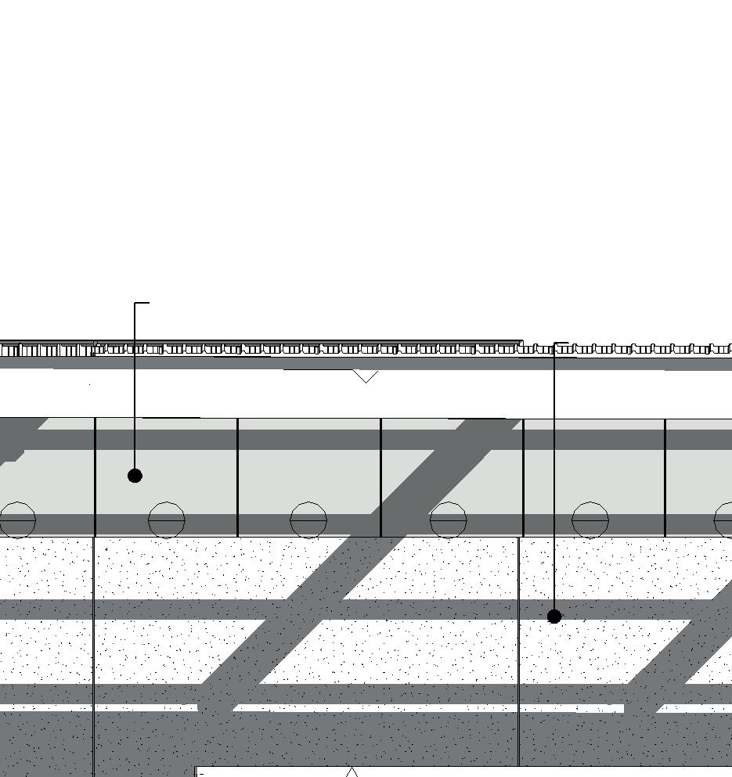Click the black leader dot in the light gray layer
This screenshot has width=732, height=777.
point(135,475)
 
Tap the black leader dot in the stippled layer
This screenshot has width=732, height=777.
point(554,617)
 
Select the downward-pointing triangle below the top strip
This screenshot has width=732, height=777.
point(365,376)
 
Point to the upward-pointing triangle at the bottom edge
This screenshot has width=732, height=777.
point(352,773)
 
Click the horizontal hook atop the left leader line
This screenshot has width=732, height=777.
point(142,303)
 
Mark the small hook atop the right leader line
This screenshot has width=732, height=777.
point(561,343)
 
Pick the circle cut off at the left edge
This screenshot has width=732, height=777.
point(17,520)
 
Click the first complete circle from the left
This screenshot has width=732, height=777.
point(167,520)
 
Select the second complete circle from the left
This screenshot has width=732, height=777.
point(308,520)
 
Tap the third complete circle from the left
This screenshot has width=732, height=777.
point(449,520)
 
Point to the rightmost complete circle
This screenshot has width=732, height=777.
point(590,520)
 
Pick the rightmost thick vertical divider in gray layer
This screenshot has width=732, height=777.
point(665,477)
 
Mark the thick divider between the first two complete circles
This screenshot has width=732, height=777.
point(237,477)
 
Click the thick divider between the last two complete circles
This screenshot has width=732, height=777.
point(523,477)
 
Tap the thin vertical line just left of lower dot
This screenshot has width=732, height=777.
point(518,649)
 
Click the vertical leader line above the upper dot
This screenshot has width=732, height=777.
point(135,391)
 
